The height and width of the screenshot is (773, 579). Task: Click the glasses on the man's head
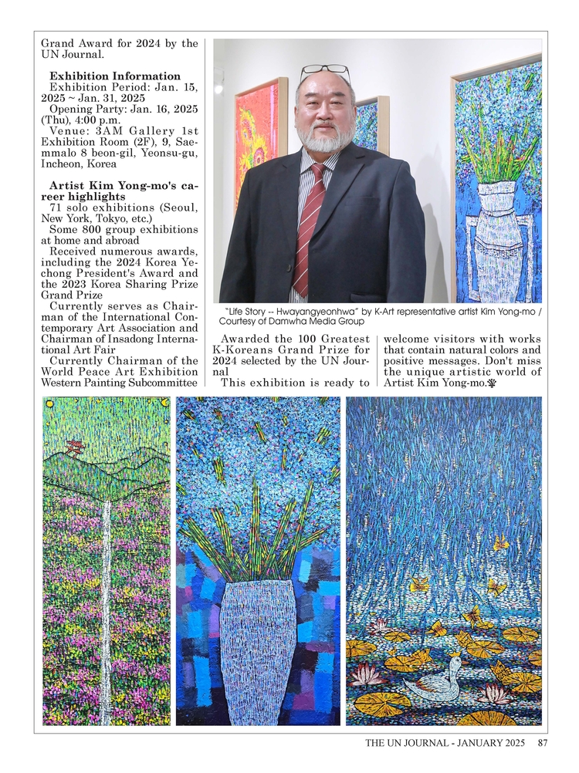click(325, 72)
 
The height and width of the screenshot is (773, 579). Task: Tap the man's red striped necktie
click(308, 224)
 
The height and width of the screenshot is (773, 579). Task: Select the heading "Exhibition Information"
click(115, 76)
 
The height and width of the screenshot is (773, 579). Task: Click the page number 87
click(543, 744)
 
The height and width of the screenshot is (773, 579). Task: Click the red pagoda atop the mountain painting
click(75, 447)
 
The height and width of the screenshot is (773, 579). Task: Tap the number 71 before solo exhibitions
click(56, 208)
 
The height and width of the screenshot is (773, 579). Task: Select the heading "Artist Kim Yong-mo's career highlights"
click(119, 191)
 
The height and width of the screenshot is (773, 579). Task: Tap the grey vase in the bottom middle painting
click(258, 648)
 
